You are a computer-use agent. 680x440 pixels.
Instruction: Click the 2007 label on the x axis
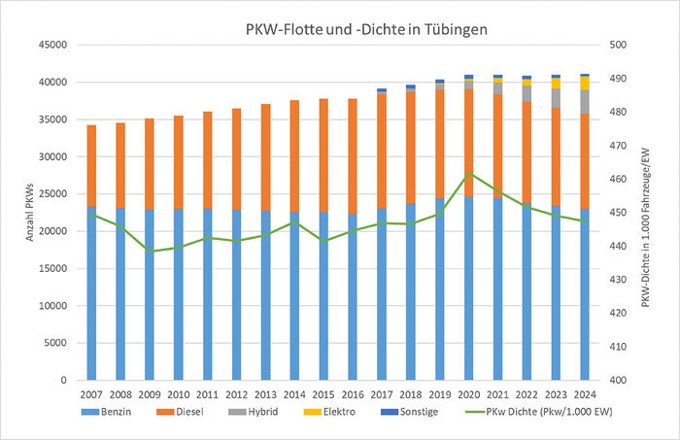tap(91, 394)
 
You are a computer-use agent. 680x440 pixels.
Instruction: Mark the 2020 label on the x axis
tap(467, 394)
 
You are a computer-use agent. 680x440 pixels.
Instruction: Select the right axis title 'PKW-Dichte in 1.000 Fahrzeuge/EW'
tap(647, 212)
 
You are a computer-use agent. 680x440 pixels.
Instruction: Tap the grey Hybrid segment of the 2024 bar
tap(584, 101)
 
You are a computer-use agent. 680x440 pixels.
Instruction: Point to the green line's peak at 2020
tap(468, 174)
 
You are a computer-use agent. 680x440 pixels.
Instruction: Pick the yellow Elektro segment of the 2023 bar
tap(555, 84)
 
